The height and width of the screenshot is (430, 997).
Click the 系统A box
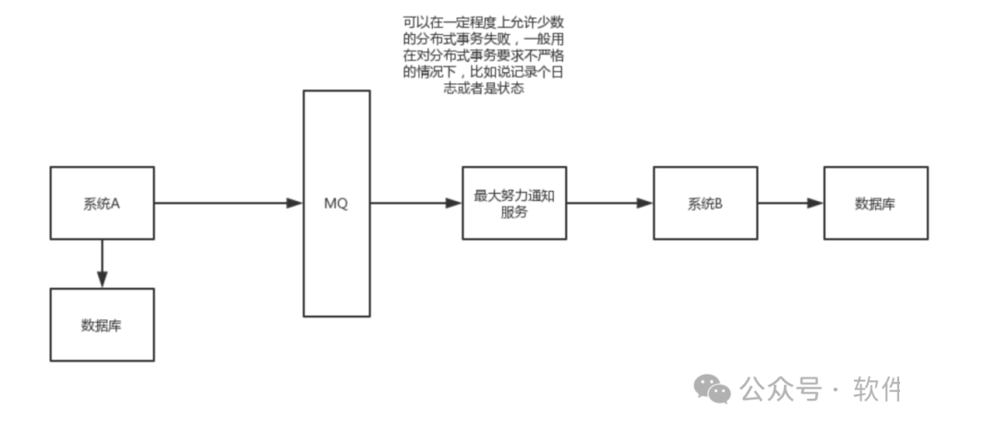pyautogui.click(x=102, y=203)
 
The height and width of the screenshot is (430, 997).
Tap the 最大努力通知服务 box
pyautogui.click(x=514, y=203)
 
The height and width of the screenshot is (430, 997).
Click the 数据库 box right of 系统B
pyautogui.click(x=875, y=203)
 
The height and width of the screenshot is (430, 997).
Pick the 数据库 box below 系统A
pyautogui.click(x=102, y=325)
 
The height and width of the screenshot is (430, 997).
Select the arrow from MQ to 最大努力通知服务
pyautogui.click(x=415, y=203)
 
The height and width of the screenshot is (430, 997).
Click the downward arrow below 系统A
pyautogui.click(x=102, y=263)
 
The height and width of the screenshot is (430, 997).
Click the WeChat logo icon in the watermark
pyautogui.click(x=713, y=389)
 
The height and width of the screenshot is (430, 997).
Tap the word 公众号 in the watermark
pyautogui.click(x=781, y=389)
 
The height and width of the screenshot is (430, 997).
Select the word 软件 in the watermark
pyautogui.click(x=877, y=389)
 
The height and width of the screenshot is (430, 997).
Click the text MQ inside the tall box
pyautogui.click(x=337, y=204)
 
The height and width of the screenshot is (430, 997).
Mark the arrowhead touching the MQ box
pyautogui.click(x=295, y=203)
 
